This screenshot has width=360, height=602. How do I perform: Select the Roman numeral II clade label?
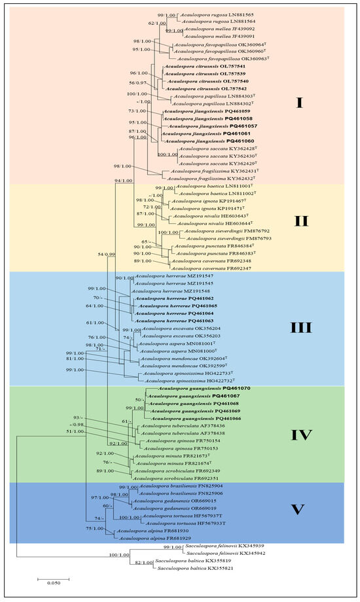(x=300, y=221)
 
